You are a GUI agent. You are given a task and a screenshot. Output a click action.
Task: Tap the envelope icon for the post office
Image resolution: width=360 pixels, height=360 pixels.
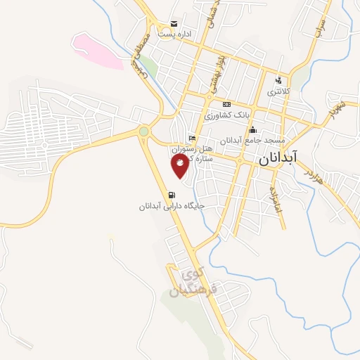[x=174, y=23]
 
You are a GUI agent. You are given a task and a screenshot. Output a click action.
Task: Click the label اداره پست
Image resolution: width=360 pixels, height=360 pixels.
[x=174, y=34]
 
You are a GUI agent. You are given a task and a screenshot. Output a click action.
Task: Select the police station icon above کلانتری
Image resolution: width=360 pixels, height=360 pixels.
[x=279, y=79]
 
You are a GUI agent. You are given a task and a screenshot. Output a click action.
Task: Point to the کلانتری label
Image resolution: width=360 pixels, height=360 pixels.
[x=277, y=91]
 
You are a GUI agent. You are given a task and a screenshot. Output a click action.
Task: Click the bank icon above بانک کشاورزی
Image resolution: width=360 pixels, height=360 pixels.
[x=226, y=104]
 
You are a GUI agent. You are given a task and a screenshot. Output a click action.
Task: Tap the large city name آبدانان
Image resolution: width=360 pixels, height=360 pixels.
[x=278, y=159]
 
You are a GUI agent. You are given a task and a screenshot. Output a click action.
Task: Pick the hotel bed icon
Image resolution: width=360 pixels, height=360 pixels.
[x=192, y=138]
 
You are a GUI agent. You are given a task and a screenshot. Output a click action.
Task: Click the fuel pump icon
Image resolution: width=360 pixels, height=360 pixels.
[x=171, y=195]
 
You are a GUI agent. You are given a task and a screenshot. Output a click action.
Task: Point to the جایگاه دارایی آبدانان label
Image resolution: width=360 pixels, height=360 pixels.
[x=171, y=207]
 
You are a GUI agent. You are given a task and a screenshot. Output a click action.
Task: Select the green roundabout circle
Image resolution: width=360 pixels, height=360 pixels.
[x=143, y=130]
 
